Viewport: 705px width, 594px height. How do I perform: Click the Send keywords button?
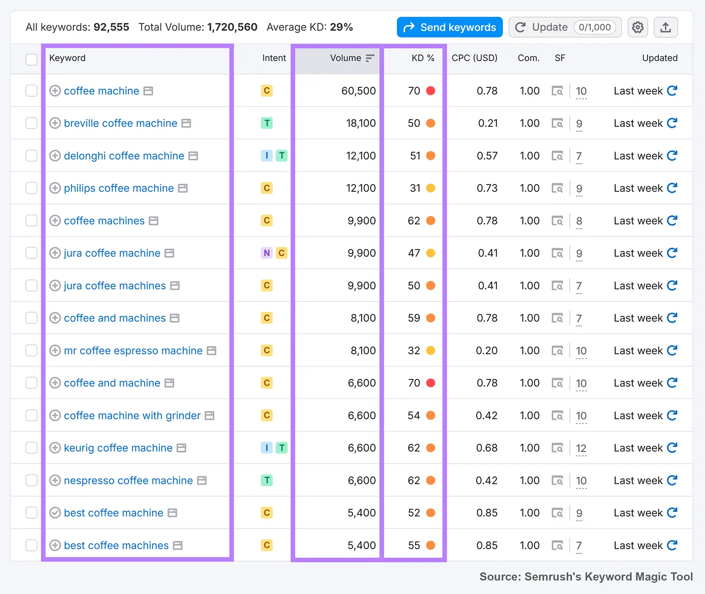pyautogui.click(x=449, y=27)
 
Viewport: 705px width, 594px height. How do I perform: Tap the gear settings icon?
pyautogui.click(x=638, y=27)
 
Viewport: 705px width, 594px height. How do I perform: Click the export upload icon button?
pyautogui.click(x=666, y=27)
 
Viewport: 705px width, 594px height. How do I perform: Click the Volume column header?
pyautogui.click(x=346, y=58)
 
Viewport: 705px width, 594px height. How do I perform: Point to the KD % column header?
pyautogui.click(x=423, y=58)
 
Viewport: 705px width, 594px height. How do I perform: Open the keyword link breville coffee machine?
pyautogui.click(x=120, y=123)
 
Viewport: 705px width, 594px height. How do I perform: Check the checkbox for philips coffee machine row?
pyautogui.click(x=31, y=188)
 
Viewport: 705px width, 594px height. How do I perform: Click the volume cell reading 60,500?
pyautogui.click(x=358, y=91)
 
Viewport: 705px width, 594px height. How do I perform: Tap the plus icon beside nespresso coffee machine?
pyautogui.click(x=55, y=480)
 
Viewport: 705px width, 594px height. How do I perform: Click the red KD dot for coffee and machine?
pyautogui.click(x=430, y=383)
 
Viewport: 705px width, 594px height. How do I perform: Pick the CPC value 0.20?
pyautogui.click(x=486, y=351)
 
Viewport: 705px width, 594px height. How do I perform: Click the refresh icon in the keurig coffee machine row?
pyautogui.click(x=672, y=448)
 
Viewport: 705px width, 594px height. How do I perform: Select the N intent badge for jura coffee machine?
pyautogui.click(x=267, y=253)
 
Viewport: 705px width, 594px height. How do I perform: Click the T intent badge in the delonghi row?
pyautogui.click(x=282, y=156)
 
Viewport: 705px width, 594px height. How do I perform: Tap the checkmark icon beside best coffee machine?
pyautogui.click(x=55, y=513)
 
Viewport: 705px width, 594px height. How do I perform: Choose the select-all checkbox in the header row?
pyautogui.click(x=31, y=59)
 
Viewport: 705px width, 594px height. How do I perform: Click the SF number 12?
pyautogui.click(x=581, y=448)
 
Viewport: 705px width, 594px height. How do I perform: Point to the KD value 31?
pyautogui.click(x=415, y=188)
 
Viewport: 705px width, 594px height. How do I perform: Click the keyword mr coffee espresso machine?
pyautogui.click(x=133, y=351)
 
